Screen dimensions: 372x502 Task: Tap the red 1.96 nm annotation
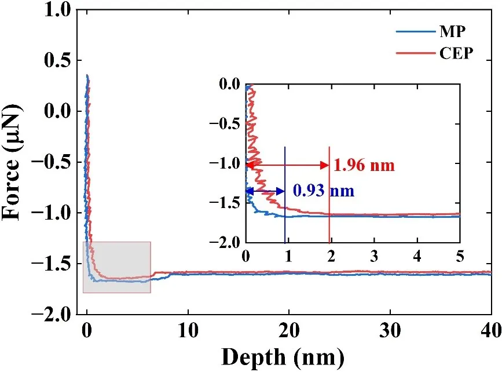(x=364, y=166)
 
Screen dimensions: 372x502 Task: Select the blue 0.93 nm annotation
(x=323, y=190)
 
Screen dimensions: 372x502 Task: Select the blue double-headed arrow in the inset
(x=266, y=191)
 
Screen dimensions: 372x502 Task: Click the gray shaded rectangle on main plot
(x=117, y=267)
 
